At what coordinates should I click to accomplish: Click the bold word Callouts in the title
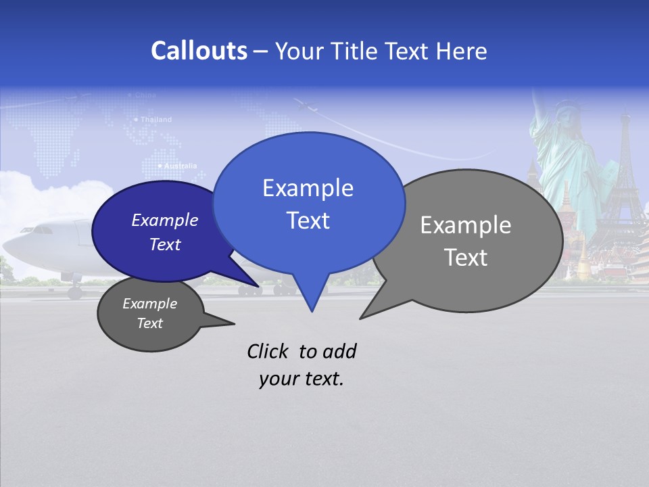pyautogui.click(x=199, y=51)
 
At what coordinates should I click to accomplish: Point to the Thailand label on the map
pyautogui.click(x=155, y=120)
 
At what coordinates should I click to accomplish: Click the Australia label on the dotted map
pyautogui.click(x=180, y=166)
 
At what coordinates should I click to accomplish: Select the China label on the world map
pyautogui.click(x=145, y=95)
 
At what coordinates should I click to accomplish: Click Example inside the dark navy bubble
pyautogui.click(x=164, y=220)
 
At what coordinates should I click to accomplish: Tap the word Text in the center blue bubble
pyautogui.click(x=308, y=221)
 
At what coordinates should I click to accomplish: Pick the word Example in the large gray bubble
pyautogui.click(x=466, y=225)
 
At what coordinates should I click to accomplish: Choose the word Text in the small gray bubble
pyautogui.click(x=149, y=323)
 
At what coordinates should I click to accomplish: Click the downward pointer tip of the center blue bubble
pyautogui.click(x=312, y=310)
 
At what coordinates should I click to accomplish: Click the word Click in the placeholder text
pyautogui.click(x=268, y=351)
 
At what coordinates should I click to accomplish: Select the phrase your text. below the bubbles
pyautogui.click(x=302, y=379)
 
